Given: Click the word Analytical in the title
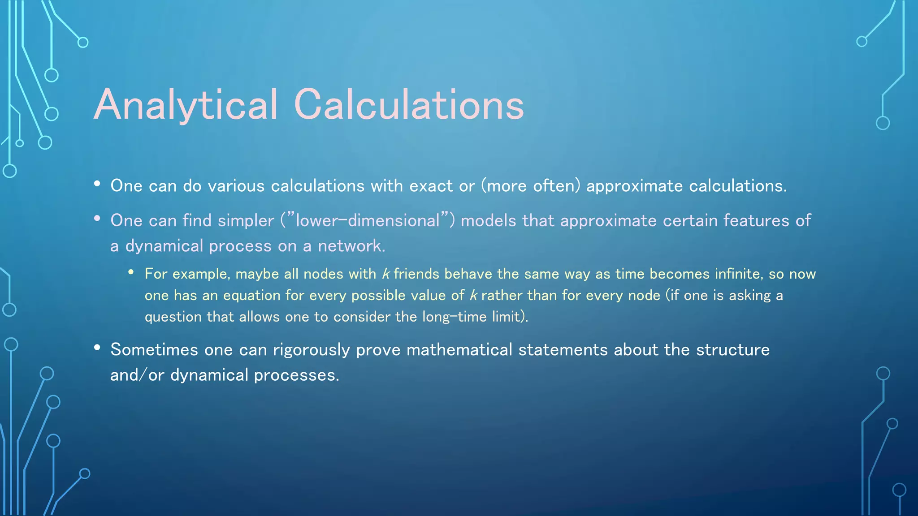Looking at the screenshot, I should point(186,105).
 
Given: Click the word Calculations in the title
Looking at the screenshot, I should point(409,105).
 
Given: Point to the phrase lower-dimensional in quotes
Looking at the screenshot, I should point(368,220).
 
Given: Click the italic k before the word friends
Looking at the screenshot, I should point(385,274).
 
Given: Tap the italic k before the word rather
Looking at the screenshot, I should point(473,295).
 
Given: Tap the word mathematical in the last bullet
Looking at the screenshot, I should point(459,349).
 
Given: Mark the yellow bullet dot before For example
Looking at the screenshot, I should point(131,272).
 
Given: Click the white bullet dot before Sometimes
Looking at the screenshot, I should point(97,348).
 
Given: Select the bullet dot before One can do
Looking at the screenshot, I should point(97,184).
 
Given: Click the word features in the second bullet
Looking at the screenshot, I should point(756,220).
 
